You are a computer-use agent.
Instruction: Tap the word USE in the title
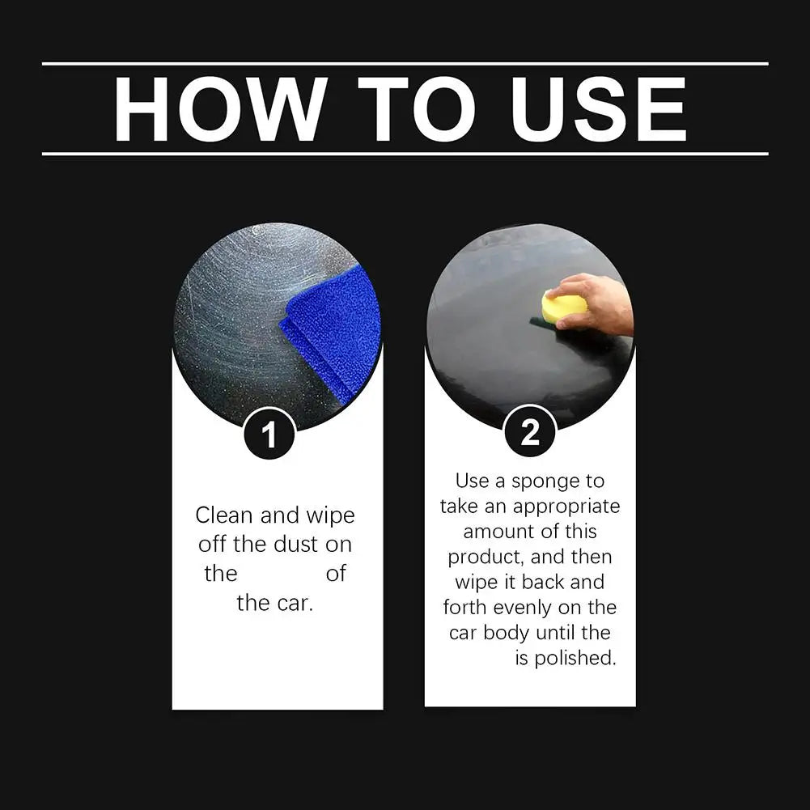coord(599,109)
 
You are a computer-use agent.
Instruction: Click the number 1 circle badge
coord(269,435)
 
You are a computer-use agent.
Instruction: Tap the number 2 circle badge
coord(530,432)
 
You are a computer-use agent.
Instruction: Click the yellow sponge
coord(563,307)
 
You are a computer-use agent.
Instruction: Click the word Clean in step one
coord(224,515)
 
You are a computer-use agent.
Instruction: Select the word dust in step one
coord(295,545)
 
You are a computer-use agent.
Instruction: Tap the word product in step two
coord(485,558)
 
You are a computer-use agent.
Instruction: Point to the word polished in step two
coord(575,658)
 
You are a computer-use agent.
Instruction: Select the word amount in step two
coord(496,532)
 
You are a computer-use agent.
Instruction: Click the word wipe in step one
coord(330,515)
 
